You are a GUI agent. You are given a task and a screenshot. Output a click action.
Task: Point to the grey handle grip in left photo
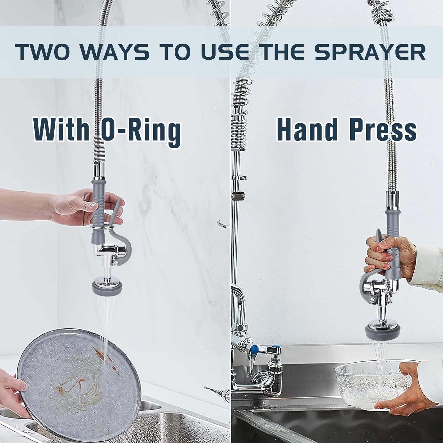tap(98, 204)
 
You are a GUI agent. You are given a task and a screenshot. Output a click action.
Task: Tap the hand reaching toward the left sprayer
tap(74, 204)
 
